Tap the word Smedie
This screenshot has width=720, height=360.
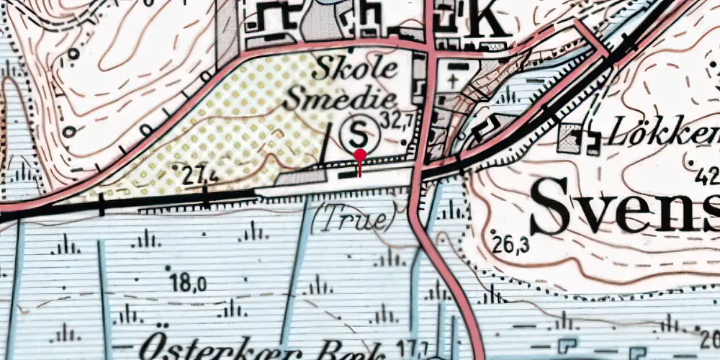tap(341, 100)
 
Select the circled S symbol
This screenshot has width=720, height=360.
tap(360, 132)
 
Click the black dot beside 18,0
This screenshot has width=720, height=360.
tap(167, 268)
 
